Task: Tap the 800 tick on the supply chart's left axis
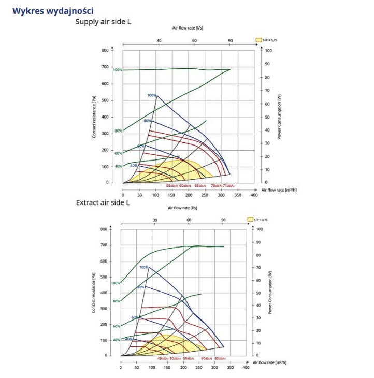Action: coord(105,50)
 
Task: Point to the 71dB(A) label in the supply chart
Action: coord(229,186)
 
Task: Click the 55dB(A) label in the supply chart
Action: coord(171,186)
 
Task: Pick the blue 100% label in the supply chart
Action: coord(151,95)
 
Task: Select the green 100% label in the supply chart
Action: coord(118,70)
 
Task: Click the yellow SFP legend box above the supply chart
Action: coord(258,40)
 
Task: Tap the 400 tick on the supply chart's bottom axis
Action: coord(254,195)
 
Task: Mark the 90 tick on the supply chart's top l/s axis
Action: coord(230,40)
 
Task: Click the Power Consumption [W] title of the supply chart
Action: coord(279,117)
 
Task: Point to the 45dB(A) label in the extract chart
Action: coord(162,358)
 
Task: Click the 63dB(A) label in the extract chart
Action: coord(221,358)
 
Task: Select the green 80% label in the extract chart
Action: coord(117,301)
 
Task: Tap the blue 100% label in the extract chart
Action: coord(143,267)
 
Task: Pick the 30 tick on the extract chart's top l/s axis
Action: coord(155,220)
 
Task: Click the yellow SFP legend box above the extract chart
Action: coord(251,220)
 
